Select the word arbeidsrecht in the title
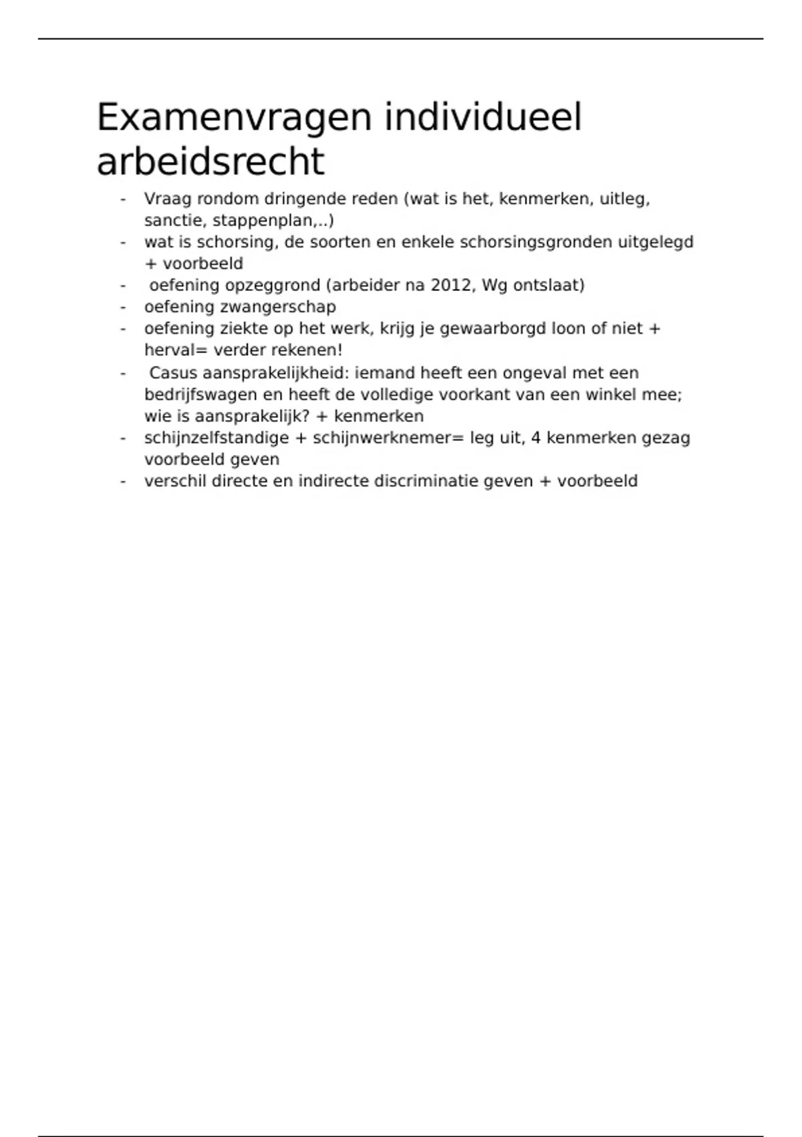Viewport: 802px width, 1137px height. point(211,162)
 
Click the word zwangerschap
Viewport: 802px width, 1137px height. point(277,307)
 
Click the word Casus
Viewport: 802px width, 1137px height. point(173,373)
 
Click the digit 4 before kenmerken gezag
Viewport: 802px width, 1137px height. point(535,438)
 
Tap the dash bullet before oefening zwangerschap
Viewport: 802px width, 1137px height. point(123,307)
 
